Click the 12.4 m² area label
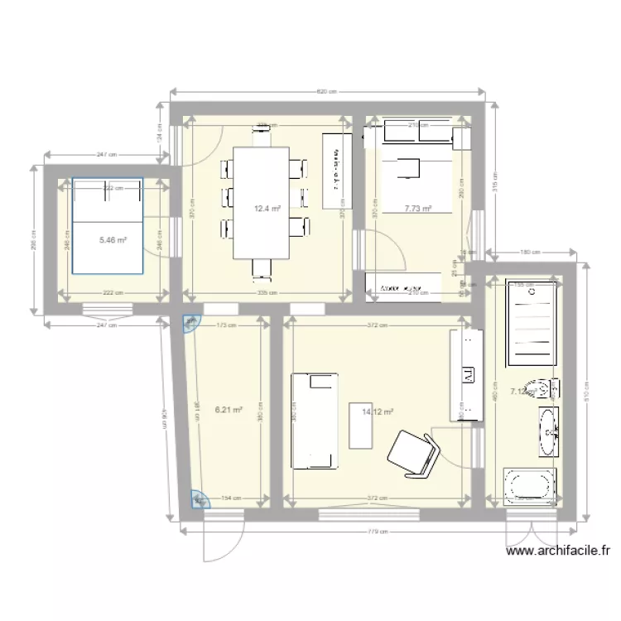(x=267, y=209)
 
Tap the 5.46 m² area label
(x=113, y=240)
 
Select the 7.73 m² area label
(x=418, y=209)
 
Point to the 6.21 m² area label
(x=229, y=409)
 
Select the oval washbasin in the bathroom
(x=549, y=431)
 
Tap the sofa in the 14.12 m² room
(x=315, y=421)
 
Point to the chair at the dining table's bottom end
(x=261, y=267)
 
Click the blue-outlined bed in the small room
(x=107, y=224)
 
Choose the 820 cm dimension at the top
(x=328, y=92)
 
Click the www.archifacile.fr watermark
(x=558, y=550)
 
